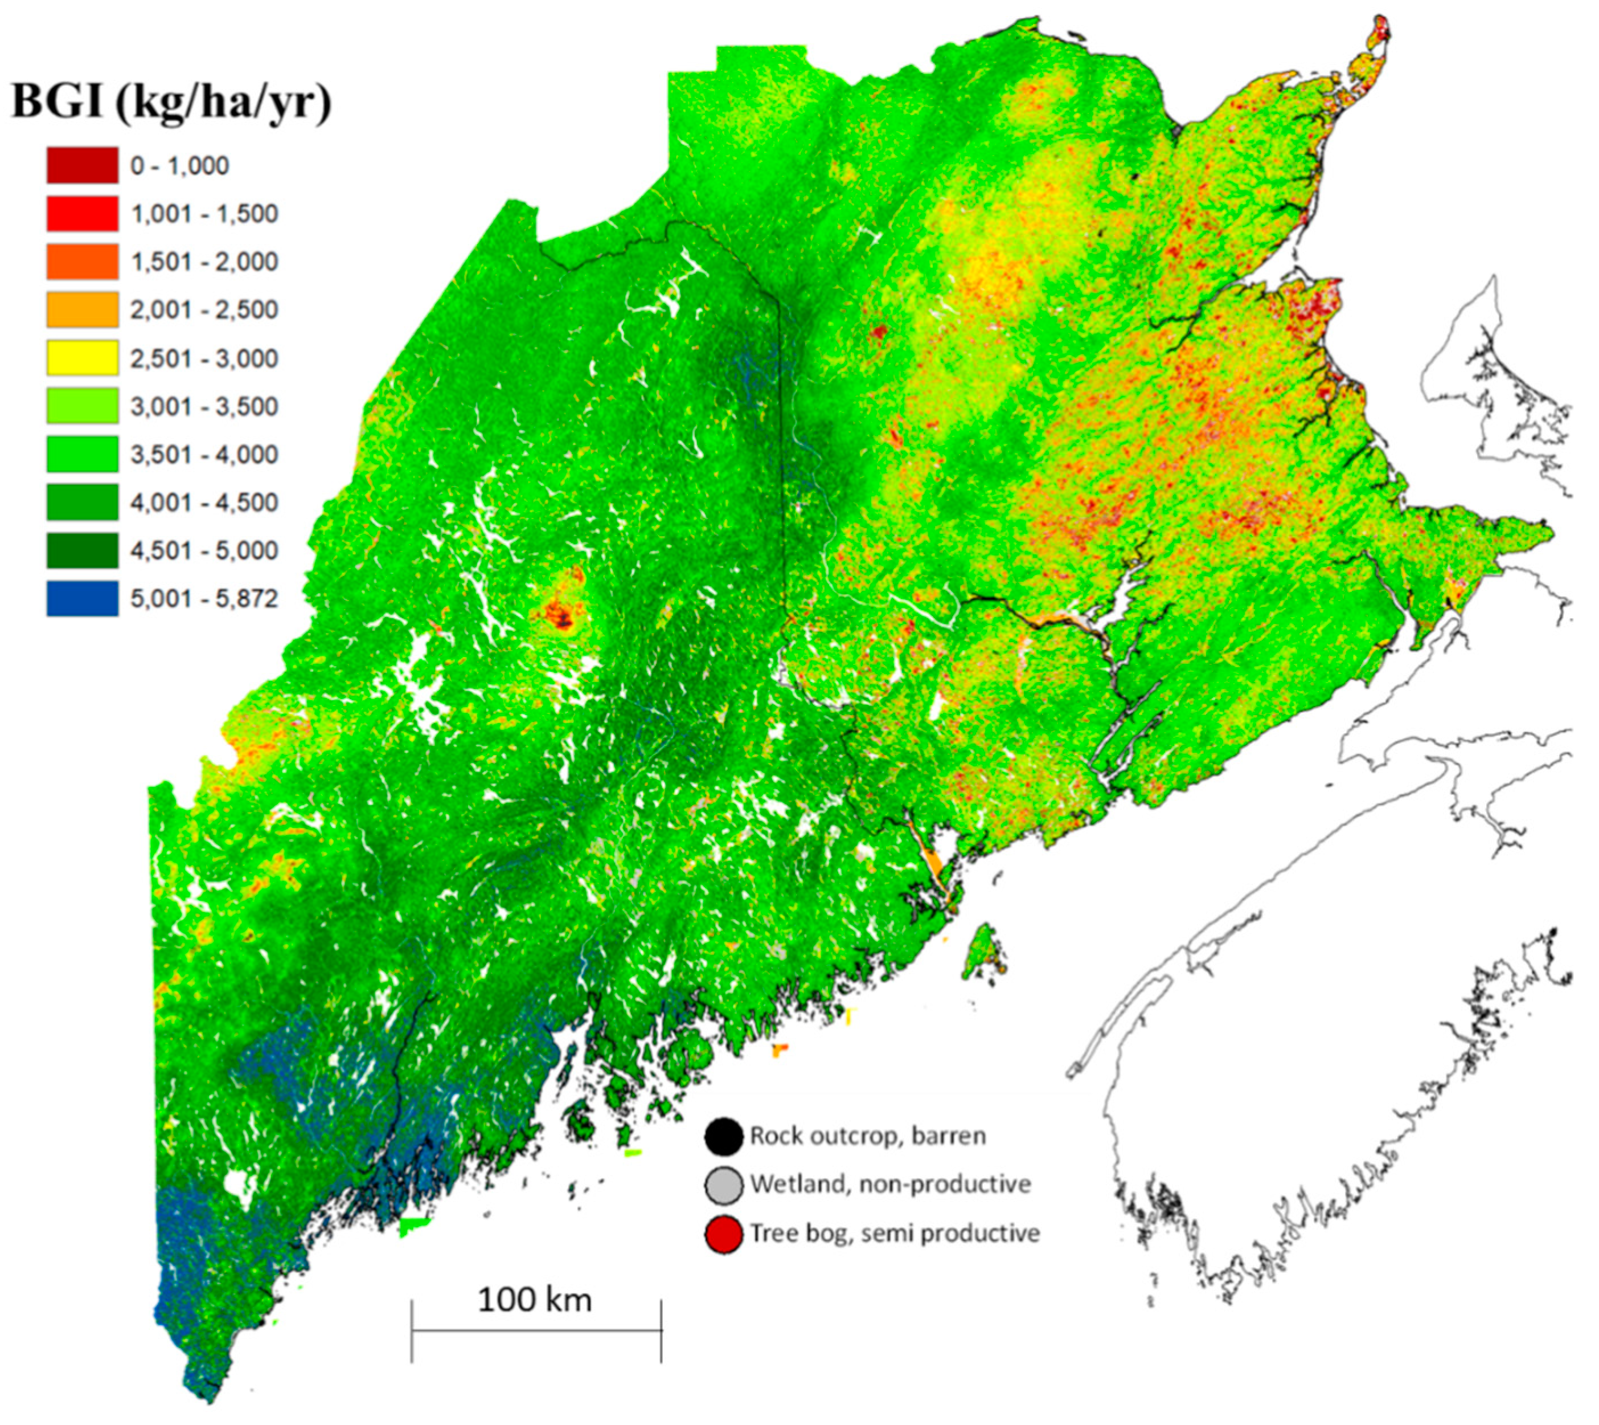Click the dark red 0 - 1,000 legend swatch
(x=82, y=165)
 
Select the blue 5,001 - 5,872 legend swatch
(x=82, y=598)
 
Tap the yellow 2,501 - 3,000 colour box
(x=82, y=358)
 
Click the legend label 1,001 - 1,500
(x=203, y=214)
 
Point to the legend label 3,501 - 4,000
(x=203, y=454)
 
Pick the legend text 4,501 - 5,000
(x=203, y=550)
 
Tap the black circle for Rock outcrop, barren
(x=723, y=1136)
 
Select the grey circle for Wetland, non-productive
(x=723, y=1184)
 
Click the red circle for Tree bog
(x=723, y=1233)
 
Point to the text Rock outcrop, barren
(x=868, y=1136)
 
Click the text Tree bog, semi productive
(x=895, y=1233)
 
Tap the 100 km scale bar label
(x=535, y=1299)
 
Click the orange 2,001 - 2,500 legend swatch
(x=82, y=309)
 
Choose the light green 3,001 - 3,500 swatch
(x=82, y=406)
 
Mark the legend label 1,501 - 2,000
(x=203, y=262)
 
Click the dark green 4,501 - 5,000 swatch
(x=82, y=550)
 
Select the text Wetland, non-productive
(x=891, y=1184)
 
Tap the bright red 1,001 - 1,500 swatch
(x=82, y=214)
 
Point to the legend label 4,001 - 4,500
(x=203, y=502)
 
